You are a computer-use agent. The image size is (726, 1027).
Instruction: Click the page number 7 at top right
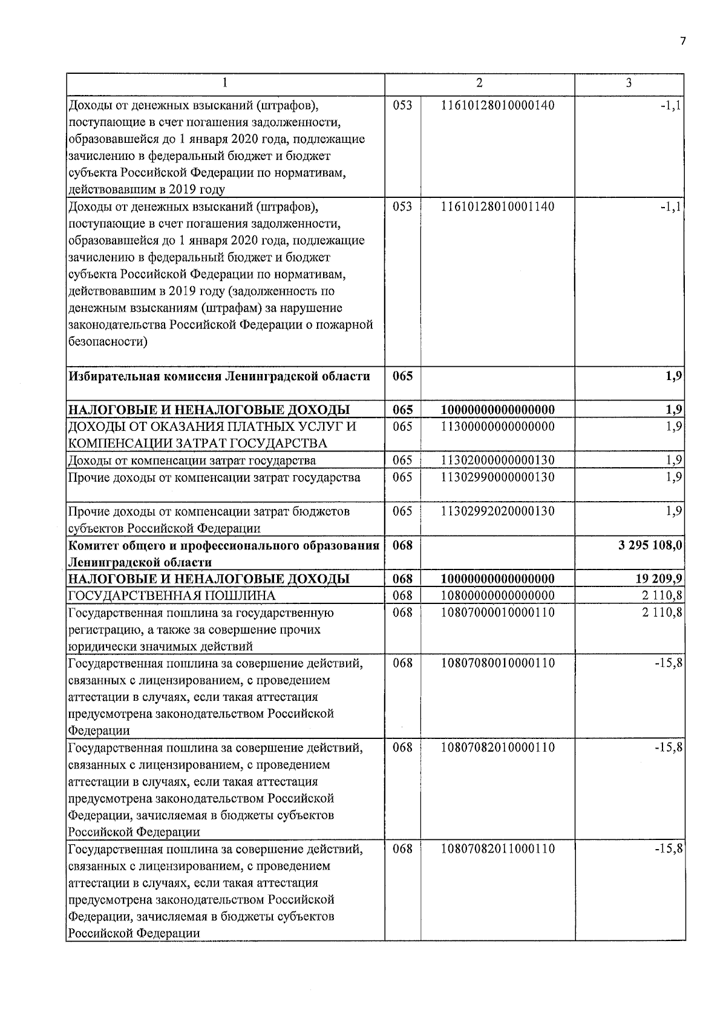[x=683, y=41]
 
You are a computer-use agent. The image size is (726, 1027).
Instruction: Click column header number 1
[x=225, y=83]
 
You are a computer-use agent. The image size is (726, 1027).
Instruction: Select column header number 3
[x=629, y=83]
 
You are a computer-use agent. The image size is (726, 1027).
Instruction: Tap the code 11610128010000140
[x=497, y=105]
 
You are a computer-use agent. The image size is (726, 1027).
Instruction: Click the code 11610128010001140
[x=497, y=207]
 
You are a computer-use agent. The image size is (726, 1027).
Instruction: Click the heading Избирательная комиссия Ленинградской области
[x=219, y=376]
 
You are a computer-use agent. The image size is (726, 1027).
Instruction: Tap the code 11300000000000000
[x=497, y=427]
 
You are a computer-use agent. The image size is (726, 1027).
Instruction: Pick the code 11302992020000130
[x=497, y=511]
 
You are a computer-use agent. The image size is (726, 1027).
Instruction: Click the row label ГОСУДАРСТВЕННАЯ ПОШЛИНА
[x=172, y=596]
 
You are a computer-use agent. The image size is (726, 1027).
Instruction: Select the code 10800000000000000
[x=497, y=596]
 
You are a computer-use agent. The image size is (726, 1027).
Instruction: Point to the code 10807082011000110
[x=497, y=849]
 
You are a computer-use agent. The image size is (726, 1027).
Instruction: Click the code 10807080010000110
[x=497, y=663]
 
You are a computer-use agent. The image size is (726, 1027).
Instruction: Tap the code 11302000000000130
[x=497, y=461]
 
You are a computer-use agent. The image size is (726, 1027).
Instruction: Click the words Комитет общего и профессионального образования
[x=223, y=545]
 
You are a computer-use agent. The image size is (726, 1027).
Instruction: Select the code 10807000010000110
[x=497, y=612]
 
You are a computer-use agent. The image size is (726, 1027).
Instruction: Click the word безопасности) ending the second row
[x=108, y=342]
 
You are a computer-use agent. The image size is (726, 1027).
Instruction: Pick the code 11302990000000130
[x=497, y=477]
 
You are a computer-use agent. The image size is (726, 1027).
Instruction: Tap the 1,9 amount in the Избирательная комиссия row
[x=674, y=376]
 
